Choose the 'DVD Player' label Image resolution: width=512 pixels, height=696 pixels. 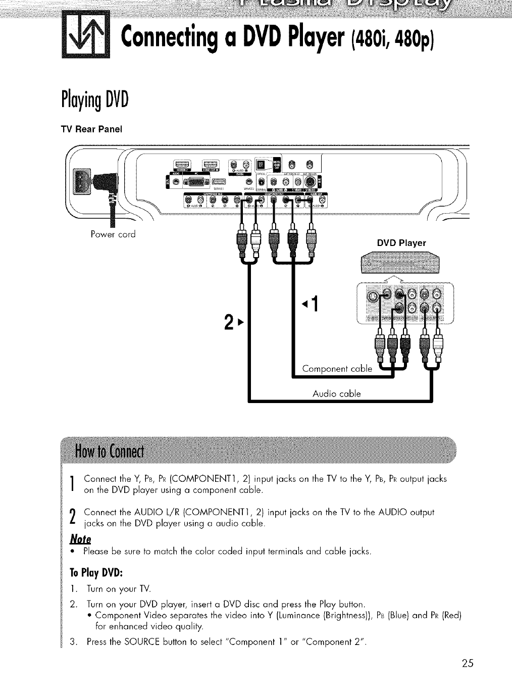tap(401, 243)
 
